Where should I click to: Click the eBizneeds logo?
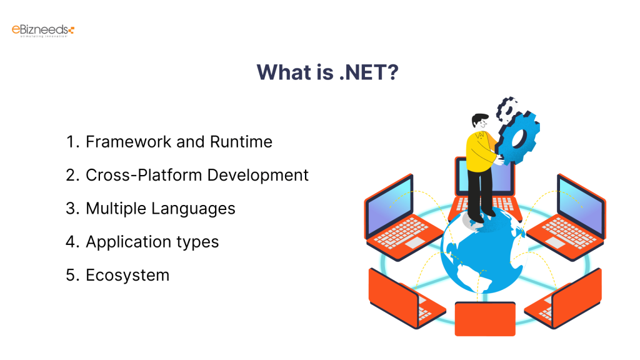(43, 29)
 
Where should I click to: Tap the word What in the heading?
(282, 72)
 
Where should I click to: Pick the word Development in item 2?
(257, 176)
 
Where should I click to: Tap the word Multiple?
(114, 208)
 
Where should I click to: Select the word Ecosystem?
(127, 275)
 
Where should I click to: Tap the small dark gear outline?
(506, 107)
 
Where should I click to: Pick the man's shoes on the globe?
(481, 216)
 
